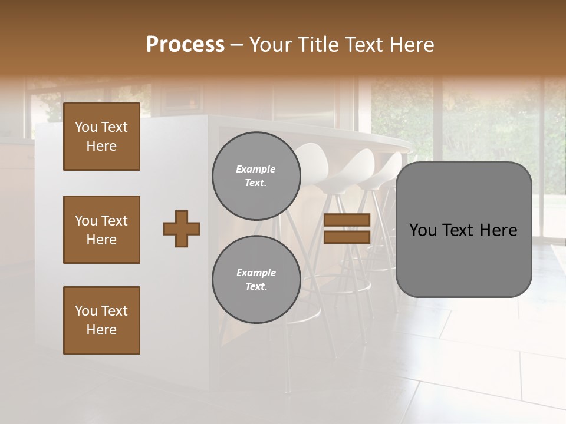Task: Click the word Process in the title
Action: [185, 45]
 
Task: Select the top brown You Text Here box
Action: [101, 137]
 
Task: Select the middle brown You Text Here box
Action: [101, 230]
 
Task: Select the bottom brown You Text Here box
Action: [101, 320]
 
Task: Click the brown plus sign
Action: [182, 228]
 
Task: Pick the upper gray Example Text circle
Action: [256, 176]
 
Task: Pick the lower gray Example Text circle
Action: [256, 280]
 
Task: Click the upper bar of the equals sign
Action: [347, 220]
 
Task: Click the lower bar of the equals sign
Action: [347, 237]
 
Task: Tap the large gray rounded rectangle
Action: [463, 259]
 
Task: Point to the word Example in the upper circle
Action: [256, 169]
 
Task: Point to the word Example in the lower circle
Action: [256, 273]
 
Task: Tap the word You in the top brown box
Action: [86, 127]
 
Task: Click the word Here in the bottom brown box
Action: [101, 330]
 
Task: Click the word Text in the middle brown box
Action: [114, 221]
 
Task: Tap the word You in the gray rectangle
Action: [422, 230]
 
